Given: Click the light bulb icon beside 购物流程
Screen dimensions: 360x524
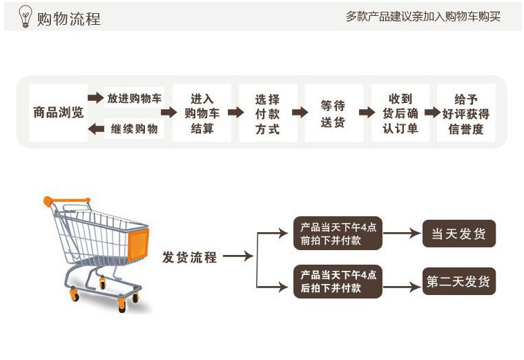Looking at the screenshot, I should pos(26,16).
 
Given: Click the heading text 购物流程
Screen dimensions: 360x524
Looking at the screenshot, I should pos(69,19).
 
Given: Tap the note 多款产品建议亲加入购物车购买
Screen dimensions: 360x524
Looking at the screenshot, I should pos(423,17).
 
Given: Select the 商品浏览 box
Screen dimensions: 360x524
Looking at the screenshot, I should pos(58,113).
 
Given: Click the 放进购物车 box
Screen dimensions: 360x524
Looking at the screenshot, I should pos(135,98).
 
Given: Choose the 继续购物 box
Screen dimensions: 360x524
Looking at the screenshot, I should pos(135,129).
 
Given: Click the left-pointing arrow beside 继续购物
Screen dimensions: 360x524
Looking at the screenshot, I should pos(96,129).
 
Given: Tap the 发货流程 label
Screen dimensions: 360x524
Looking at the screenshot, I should pos(190,258).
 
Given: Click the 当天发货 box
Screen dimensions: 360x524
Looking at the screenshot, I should pos(459,234).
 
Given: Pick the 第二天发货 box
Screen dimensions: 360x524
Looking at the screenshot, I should pos(459,281).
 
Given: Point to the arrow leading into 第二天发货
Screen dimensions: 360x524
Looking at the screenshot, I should pos(402,282).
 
